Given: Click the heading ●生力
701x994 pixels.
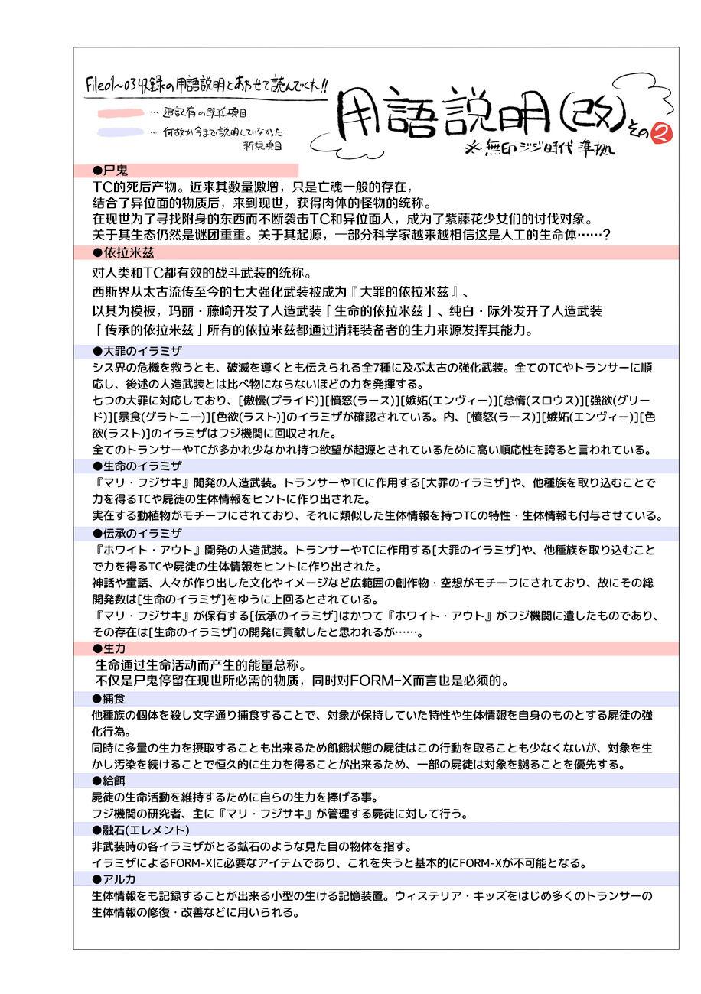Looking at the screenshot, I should click(109, 648).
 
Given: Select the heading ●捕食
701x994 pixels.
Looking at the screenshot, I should click(109, 698).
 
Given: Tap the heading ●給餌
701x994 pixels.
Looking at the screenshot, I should click(109, 781).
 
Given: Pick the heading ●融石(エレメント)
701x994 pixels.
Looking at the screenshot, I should click(141, 830).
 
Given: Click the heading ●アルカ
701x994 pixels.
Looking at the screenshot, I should click(114, 879).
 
